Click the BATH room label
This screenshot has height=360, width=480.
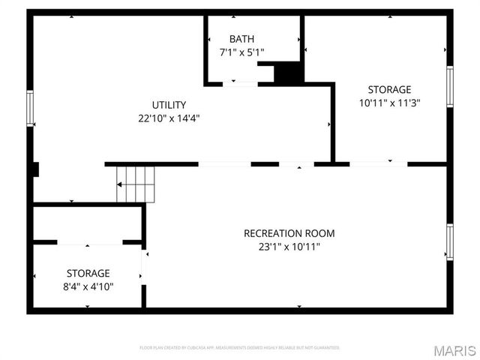pyautogui.click(x=241, y=38)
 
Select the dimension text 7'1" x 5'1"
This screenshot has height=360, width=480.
pyautogui.click(x=241, y=52)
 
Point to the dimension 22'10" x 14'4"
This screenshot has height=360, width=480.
pyautogui.click(x=169, y=118)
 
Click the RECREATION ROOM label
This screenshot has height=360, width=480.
pyautogui.click(x=289, y=233)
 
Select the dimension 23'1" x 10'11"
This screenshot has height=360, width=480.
pyautogui.click(x=289, y=247)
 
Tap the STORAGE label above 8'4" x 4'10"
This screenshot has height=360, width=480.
pyautogui.click(x=88, y=273)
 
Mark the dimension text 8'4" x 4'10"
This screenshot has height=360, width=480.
pyautogui.click(x=88, y=286)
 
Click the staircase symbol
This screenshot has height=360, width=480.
pyautogui.click(x=135, y=184)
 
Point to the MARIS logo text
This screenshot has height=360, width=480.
pyautogui.click(x=454, y=350)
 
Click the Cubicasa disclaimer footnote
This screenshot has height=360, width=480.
pyautogui.click(x=239, y=348)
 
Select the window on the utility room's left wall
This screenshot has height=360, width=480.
pyautogui.click(x=31, y=107)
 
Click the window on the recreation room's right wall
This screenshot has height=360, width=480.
pyautogui.click(x=449, y=242)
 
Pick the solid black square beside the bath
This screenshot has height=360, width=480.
pyautogui.click(x=288, y=73)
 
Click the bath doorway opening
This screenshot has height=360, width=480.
pyautogui.click(x=241, y=83)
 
